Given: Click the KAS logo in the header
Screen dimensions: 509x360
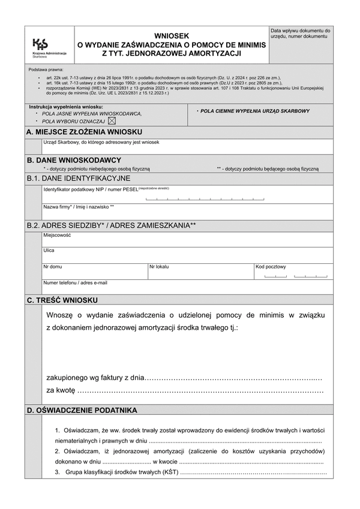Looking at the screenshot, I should pos(41,44).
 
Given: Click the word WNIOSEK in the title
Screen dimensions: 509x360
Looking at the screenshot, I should pos(171,36).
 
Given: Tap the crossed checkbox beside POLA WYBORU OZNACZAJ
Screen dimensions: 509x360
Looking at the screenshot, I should pos(112,121).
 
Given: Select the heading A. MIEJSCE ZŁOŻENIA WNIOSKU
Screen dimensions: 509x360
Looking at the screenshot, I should pos(84,132).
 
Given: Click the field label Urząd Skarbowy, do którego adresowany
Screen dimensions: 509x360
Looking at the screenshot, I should pos(101,143).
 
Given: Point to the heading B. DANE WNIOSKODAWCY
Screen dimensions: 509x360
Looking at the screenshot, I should pos(74,160).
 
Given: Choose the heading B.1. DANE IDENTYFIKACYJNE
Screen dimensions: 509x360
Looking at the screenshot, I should pos(79,178).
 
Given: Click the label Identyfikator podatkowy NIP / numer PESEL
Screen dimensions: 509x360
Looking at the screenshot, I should pos(90,189).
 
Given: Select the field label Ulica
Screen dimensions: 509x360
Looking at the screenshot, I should pos(49,251).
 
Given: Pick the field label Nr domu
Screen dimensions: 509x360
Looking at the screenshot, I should pos(52,266).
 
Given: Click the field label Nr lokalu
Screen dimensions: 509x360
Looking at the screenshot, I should pos(159,266).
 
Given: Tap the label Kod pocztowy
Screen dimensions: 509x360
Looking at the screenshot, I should pos(271,267).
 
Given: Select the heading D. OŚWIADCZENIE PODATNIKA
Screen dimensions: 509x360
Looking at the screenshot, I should pos(82,410).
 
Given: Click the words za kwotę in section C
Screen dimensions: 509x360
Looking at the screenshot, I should pos(61,390).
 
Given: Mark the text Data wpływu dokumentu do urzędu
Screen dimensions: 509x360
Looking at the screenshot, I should pos(300,33).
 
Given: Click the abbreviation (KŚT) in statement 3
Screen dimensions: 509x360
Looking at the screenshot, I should pos(169,473).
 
